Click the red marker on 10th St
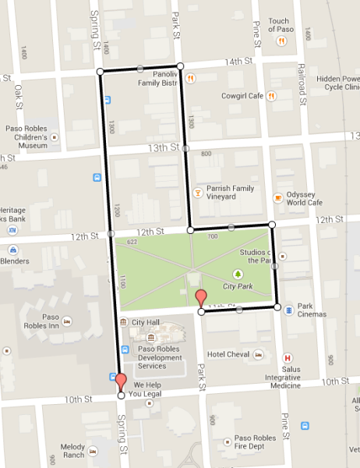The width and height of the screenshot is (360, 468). point(120,381)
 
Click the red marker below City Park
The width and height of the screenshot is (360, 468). point(200,297)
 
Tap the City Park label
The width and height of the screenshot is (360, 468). point(238,286)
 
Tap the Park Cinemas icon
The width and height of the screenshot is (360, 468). point(289,310)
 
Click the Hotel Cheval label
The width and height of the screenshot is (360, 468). point(228,354)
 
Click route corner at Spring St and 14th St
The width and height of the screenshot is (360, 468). point(100,72)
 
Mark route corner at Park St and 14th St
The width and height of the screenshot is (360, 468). point(180,66)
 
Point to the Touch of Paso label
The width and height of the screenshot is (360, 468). point(279,26)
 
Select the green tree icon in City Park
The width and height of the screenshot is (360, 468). point(238,274)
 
